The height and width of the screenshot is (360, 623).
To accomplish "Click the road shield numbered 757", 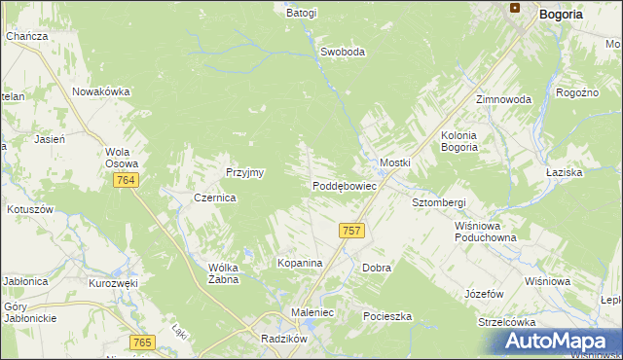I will [x=352, y=231].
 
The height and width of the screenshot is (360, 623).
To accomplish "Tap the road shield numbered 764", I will [x=125, y=181].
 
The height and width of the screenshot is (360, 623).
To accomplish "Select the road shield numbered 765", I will [x=142, y=342].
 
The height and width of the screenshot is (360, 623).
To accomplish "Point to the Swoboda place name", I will [x=343, y=53].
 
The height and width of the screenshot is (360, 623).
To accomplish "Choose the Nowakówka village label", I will [x=100, y=91].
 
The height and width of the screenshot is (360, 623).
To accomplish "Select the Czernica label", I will [x=215, y=197].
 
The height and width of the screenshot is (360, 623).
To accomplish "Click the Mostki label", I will [x=395, y=162].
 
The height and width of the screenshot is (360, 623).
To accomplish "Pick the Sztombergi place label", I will [x=439, y=202].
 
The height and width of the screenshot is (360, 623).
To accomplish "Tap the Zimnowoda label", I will [x=503, y=100].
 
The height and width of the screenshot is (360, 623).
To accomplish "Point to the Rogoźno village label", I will [x=575, y=92].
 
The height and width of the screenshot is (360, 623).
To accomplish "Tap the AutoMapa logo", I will [x=559, y=341].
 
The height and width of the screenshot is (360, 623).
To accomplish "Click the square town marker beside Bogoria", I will [x=517, y=9].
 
